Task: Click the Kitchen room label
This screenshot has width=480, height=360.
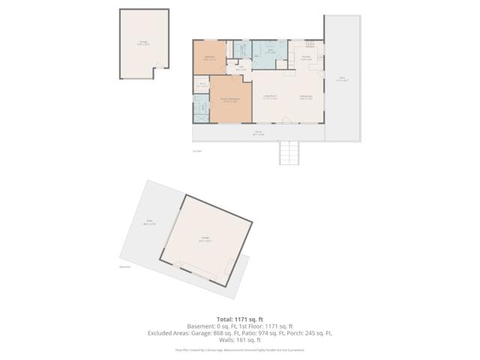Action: point(307,58)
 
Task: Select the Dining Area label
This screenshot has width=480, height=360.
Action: point(306,97)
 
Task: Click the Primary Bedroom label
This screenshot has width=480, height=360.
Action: point(229,100)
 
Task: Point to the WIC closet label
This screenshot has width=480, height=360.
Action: point(202,85)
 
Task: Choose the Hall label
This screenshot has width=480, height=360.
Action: point(241,68)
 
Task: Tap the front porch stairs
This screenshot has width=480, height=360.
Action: point(289,154)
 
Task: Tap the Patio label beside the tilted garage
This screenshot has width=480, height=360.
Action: point(148,223)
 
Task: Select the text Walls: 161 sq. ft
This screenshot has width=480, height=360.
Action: point(240,339)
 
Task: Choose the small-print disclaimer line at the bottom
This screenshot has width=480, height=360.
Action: point(239,349)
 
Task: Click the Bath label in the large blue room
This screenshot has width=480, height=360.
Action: point(270,52)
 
